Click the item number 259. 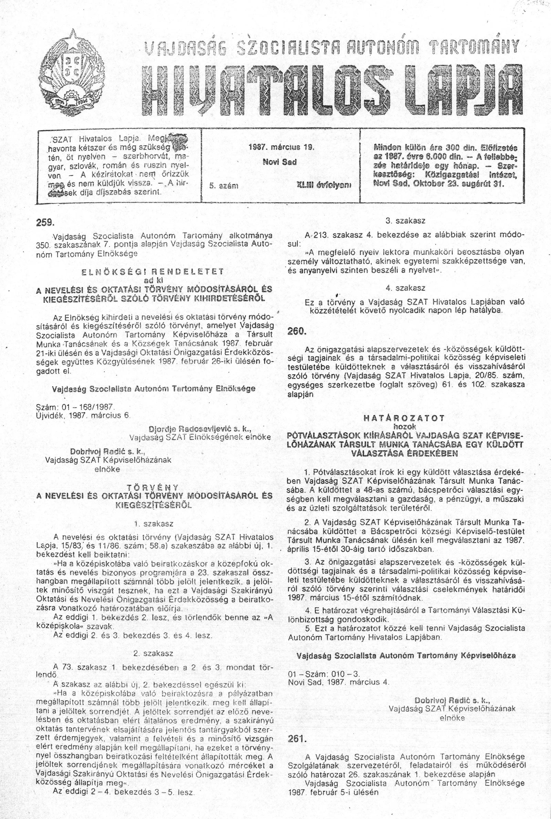45,222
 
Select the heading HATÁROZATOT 404,419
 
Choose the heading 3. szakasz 406,221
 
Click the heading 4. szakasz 406,288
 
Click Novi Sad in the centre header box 280,162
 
